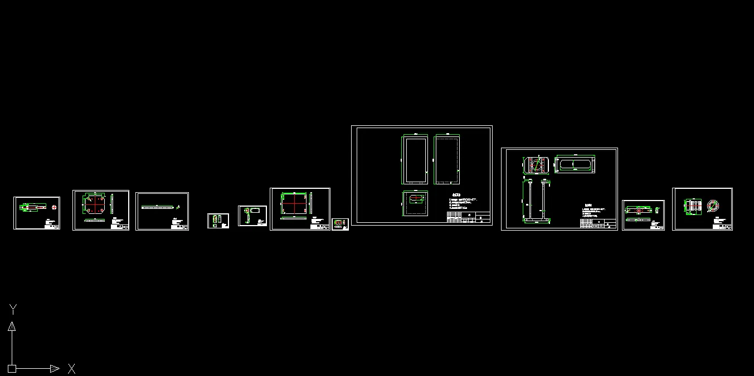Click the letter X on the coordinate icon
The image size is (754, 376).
tap(71, 368)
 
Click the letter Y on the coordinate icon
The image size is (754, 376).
tap(13, 309)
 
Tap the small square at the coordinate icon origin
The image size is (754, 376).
tap(12, 368)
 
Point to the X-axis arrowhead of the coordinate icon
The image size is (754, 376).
tap(55, 368)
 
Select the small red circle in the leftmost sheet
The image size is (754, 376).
tap(54, 207)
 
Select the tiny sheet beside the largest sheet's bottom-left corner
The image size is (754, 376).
tap(340, 224)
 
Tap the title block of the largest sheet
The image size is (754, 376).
tap(469, 217)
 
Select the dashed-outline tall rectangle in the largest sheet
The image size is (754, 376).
tap(446, 160)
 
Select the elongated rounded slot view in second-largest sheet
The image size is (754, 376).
tap(576, 164)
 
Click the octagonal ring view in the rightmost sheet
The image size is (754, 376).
tap(714, 206)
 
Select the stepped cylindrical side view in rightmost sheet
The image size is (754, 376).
tap(694, 206)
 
